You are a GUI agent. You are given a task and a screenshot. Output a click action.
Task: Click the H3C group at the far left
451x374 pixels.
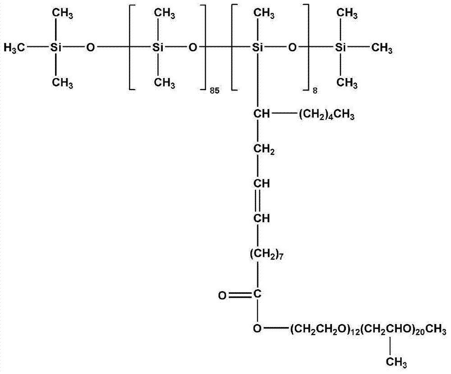14,48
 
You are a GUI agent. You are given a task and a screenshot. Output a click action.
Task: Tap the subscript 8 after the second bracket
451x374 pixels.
315,91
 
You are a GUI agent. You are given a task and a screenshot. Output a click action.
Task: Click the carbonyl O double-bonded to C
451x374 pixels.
222,295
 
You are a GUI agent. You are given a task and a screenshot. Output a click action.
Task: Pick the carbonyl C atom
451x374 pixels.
258,294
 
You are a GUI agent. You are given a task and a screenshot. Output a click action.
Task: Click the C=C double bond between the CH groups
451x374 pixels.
258,201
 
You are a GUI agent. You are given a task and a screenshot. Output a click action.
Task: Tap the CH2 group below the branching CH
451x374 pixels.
264,150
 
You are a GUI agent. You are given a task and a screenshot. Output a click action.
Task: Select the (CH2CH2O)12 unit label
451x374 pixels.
323,329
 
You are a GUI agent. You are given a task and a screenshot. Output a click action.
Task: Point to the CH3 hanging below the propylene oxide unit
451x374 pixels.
396,362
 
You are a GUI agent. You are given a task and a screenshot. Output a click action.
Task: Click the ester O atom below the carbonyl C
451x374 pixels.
257,328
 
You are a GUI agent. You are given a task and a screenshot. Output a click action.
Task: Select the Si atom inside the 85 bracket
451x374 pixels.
157,47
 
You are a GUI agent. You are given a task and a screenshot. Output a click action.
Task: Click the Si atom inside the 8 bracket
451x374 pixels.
258,47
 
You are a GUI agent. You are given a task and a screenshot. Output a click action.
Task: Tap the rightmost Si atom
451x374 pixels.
341,47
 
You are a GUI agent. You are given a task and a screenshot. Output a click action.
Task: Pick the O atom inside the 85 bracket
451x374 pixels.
193,47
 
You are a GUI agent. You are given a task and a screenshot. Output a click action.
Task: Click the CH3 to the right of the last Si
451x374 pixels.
382,48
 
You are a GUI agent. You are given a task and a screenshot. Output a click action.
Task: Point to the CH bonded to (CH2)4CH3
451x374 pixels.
262,114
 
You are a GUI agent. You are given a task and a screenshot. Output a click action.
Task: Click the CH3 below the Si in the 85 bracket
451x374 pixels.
165,83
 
